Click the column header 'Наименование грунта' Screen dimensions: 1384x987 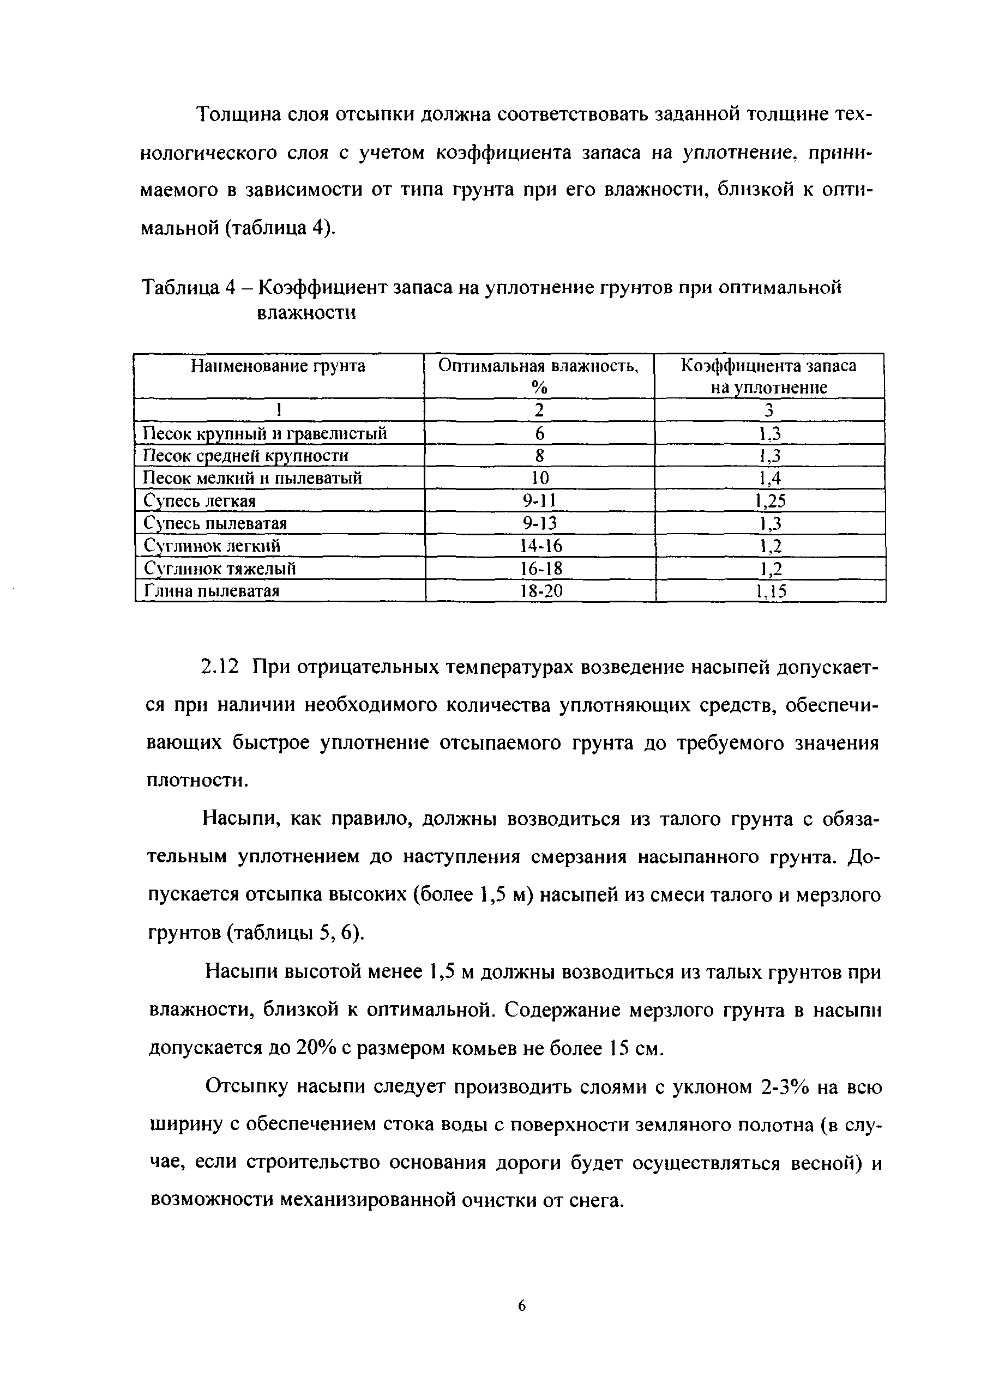(x=278, y=366)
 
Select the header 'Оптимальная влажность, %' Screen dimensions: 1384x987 (x=538, y=376)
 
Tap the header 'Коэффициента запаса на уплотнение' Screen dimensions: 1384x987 (x=769, y=376)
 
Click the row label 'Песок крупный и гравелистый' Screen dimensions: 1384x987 (x=264, y=433)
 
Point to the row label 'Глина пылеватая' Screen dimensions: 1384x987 (x=211, y=590)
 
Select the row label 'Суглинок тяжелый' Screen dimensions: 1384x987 (x=220, y=569)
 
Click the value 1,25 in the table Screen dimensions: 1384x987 (x=770, y=500)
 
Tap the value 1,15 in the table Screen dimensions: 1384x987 (x=771, y=591)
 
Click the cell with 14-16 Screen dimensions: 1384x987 (x=541, y=546)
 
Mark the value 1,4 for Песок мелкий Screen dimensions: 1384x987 (x=769, y=478)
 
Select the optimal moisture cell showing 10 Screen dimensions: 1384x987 (x=540, y=478)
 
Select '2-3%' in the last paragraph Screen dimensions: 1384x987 (x=784, y=1086)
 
